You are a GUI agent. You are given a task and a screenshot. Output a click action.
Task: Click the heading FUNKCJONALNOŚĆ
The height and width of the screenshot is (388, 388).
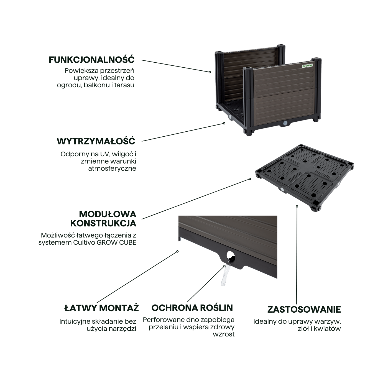click(91, 60)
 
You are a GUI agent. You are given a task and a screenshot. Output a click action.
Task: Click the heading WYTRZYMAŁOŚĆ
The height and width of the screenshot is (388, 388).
click(96, 141)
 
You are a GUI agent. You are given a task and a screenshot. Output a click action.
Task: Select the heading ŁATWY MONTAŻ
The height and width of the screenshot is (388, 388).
click(101, 308)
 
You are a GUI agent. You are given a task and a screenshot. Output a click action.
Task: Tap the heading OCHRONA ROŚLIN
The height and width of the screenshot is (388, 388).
click(192, 308)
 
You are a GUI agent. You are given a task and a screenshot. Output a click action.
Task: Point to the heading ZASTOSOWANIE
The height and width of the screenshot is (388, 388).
click(304, 309)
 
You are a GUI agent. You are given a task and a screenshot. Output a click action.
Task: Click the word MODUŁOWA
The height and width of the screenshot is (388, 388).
click(108, 214)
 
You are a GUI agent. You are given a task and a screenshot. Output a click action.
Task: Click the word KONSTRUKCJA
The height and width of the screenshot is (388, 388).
click(103, 223)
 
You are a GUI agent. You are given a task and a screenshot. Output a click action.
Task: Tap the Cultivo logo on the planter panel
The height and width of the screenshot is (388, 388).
click(307, 66)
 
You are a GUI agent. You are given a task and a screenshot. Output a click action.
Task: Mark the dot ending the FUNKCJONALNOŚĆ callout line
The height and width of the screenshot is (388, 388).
click(210, 72)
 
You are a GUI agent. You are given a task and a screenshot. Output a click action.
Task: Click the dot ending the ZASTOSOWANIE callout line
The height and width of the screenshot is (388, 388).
click(297, 206)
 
